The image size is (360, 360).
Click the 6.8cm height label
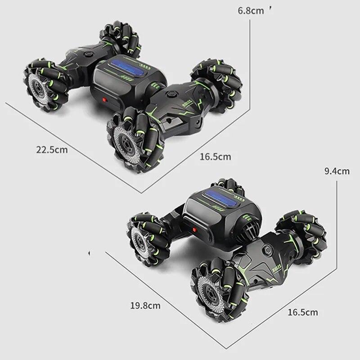[x=251, y=11]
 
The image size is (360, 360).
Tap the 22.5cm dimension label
[x=52, y=150]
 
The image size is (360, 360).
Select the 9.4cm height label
[x=337, y=171]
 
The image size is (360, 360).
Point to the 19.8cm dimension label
[x=145, y=306]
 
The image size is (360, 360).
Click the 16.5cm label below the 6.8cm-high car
[x=216, y=157]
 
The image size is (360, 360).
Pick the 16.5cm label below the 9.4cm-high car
[x=303, y=312]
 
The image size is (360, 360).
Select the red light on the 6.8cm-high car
[x=105, y=100]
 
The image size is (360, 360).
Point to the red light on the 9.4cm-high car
[x=195, y=229]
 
